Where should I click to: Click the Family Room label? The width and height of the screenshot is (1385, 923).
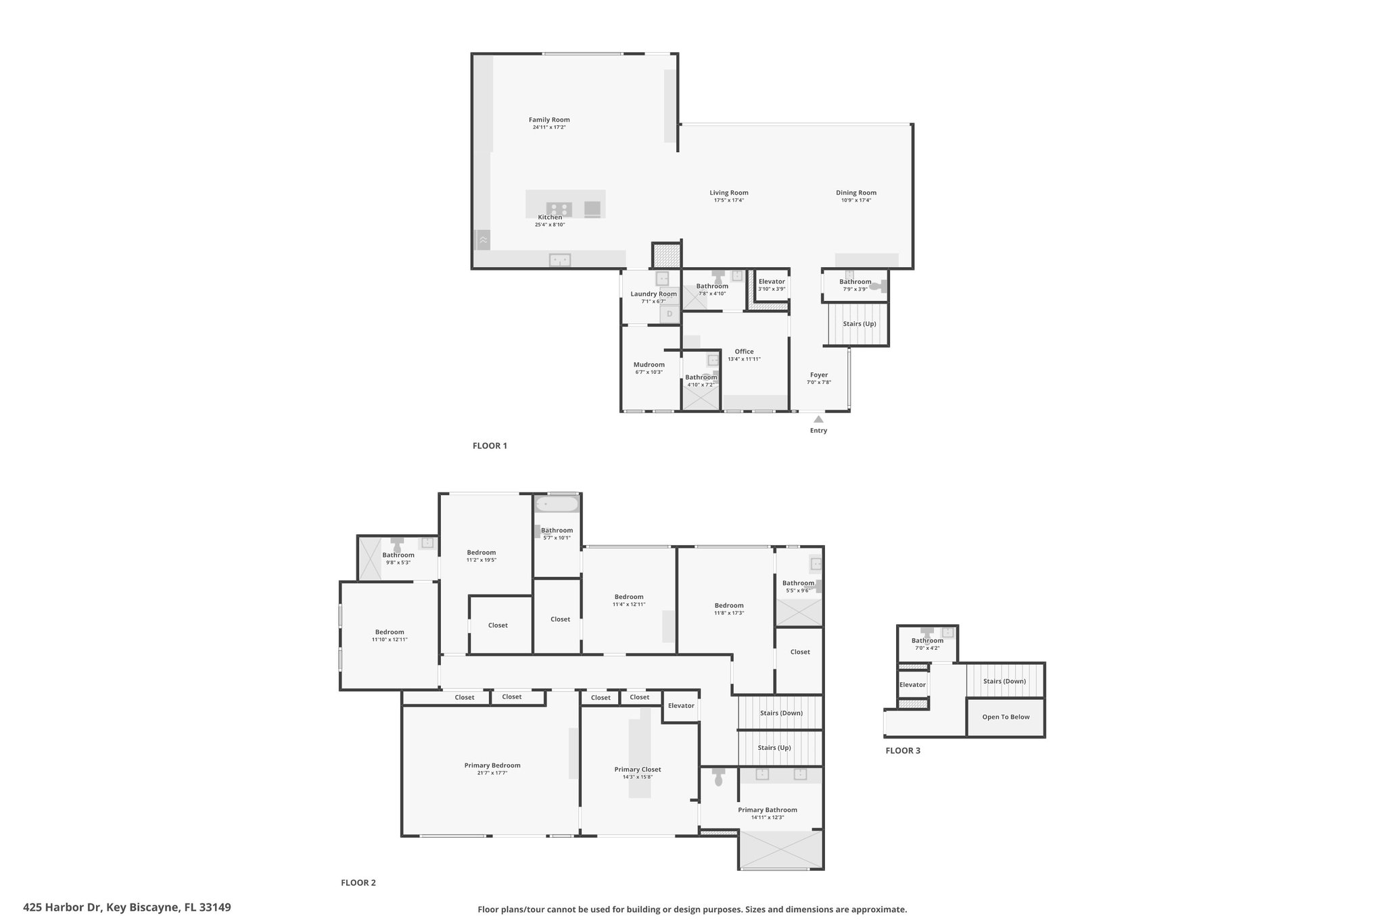(550, 120)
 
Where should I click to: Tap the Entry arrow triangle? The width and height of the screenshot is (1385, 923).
(818, 419)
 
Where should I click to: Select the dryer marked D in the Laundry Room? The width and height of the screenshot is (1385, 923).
(670, 314)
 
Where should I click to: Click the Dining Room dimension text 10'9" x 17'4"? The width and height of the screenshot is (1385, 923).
(855, 200)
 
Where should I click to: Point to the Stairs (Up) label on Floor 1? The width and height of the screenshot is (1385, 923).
(859, 324)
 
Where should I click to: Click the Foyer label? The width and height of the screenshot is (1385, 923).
(819, 375)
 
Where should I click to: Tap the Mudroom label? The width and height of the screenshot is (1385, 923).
(649, 364)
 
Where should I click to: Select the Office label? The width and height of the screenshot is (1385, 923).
(744, 352)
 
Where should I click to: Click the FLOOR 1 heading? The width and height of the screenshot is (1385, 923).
(490, 446)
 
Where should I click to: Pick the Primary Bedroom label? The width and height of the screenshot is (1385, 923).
(492, 765)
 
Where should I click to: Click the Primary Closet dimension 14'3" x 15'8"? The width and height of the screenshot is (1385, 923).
(637, 777)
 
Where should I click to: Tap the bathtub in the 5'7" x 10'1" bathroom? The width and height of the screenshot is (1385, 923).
(557, 504)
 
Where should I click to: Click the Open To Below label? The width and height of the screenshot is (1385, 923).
(1006, 717)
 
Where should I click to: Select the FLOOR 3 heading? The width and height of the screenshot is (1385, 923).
(903, 751)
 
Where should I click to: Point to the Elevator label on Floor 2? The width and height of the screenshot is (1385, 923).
(681, 706)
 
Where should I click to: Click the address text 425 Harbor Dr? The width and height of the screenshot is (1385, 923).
(62, 907)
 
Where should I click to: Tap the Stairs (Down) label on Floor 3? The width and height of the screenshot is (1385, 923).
(1004, 681)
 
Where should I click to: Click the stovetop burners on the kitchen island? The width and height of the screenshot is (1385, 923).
(559, 210)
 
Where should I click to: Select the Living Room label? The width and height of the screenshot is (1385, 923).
(728, 193)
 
